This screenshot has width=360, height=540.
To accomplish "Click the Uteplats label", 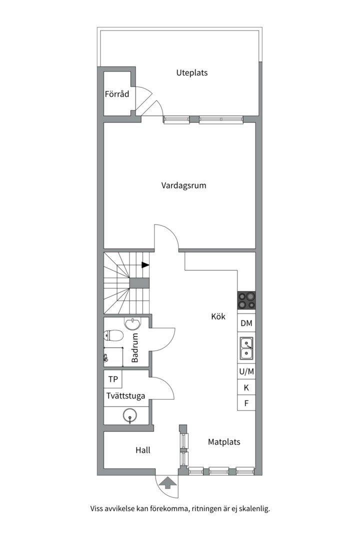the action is pos(192,73).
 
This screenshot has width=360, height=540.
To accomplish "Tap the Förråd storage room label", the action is pos(117,93).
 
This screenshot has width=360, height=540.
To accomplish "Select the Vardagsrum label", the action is pos(183,185).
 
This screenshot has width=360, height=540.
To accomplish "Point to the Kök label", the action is pos(218,316).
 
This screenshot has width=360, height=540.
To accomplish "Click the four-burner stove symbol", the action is pos(246,300).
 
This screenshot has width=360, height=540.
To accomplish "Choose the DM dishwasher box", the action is pos(246,323).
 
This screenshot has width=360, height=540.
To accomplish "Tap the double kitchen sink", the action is pos(246,348).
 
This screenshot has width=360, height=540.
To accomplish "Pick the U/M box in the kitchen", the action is pos(246,371).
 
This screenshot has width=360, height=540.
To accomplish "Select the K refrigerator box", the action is pos(246,387).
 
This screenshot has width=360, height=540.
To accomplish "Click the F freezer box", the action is pos(246,403).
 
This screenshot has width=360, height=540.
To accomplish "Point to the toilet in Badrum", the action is pos(113,335).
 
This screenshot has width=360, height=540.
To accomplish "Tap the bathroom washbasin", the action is pos(132,323).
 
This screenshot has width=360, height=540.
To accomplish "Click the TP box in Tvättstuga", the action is pos(113,379).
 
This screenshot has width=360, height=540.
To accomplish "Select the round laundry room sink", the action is pos(130,416).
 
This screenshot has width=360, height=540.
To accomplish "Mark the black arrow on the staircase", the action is pos(145,265).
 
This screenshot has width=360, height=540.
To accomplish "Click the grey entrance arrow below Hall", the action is pos(167,483).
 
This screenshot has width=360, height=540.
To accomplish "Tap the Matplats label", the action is pos(224,442).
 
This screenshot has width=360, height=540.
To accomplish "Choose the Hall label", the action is pos(142,450).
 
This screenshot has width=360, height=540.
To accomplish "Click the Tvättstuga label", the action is pos(125,396).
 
